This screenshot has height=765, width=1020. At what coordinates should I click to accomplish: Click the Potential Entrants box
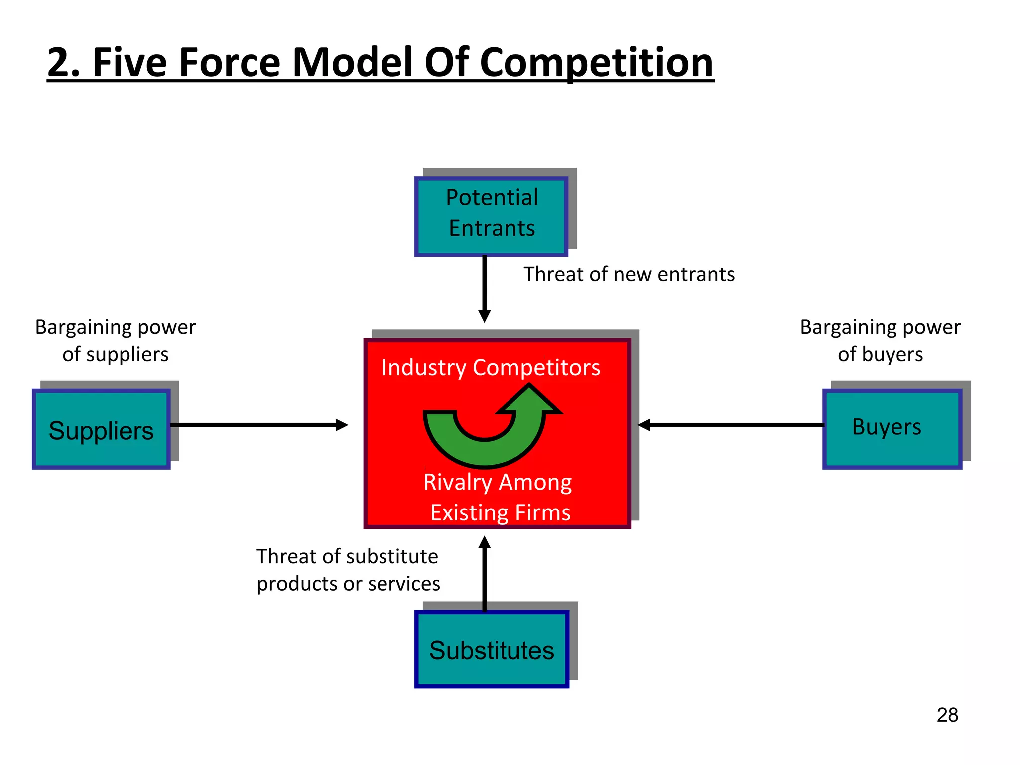coord(491,217)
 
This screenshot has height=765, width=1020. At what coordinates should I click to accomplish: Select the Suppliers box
coord(101,429)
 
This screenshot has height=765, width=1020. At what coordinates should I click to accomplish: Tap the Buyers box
coord(892,428)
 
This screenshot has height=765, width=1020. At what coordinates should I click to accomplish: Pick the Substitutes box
coord(492,649)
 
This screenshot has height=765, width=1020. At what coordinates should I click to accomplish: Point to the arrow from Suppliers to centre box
coord(259,425)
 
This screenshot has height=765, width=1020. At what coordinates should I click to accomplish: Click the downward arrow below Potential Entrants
coord(484,289)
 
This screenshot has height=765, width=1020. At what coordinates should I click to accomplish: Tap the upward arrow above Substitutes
coord(484,573)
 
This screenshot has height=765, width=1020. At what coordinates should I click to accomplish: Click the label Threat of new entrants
coord(629,274)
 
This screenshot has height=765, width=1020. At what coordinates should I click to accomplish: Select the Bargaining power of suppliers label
coord(116,341)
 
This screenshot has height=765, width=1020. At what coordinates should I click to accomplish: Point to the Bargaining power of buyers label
coord(880,341)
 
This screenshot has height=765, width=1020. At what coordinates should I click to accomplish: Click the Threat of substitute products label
coord(348,570)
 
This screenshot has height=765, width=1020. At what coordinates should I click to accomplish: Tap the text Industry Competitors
coord(491,368)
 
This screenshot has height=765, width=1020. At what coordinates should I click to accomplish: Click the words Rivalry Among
coord(497,482)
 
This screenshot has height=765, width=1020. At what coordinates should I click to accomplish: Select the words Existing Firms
coord(500,512)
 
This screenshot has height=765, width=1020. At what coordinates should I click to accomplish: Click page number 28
coord(947,715)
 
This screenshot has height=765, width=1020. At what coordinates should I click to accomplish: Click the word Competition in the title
coord(596,63)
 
